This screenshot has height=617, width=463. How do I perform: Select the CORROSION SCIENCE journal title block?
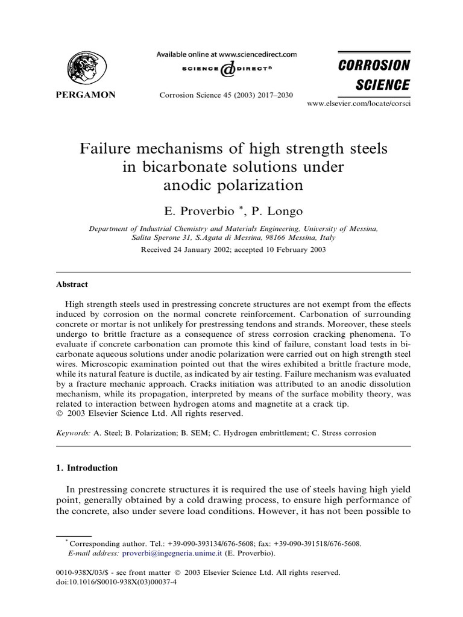(373, 75)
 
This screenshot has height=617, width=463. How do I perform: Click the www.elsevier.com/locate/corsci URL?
(359, 104)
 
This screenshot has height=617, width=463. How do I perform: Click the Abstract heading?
(72, 284)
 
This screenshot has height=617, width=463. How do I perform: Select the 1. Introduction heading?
(87, 468)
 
